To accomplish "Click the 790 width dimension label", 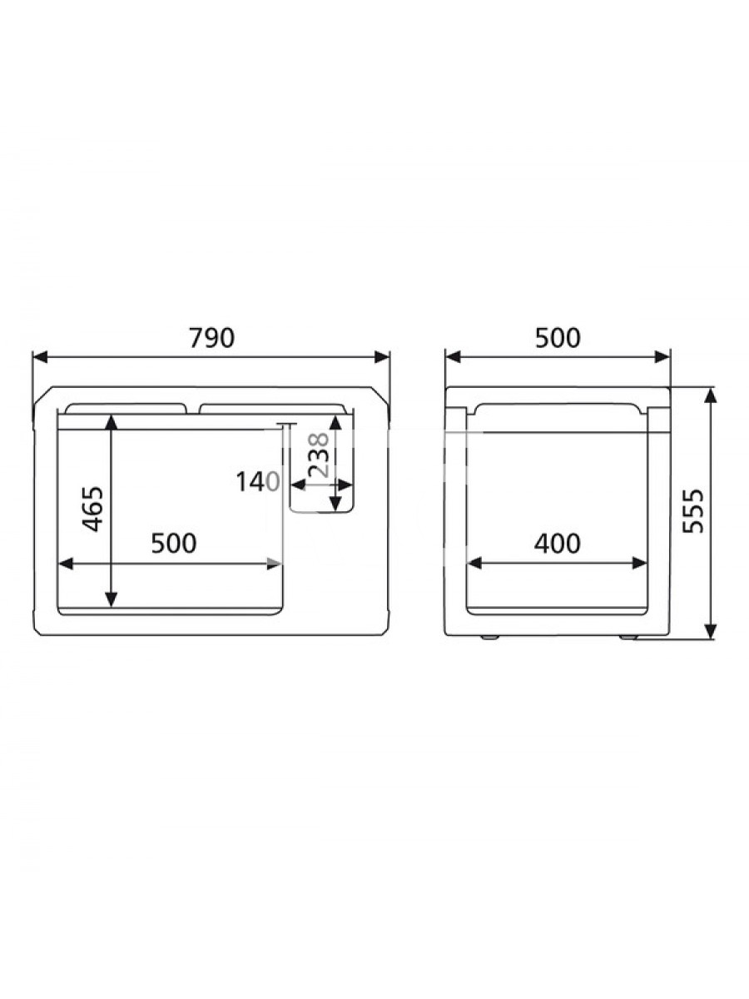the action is (212, 338).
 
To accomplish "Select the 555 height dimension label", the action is (694, 510).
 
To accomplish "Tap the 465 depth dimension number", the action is (94, 509).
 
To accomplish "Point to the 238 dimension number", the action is (318, 455).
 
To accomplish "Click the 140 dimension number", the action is (257, 482).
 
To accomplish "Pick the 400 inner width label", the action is (557, 543).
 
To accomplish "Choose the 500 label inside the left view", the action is (174, 543).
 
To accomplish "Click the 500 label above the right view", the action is (558, 338).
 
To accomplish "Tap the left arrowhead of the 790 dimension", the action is (40, 357).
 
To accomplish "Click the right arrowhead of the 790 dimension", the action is (382, 357).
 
